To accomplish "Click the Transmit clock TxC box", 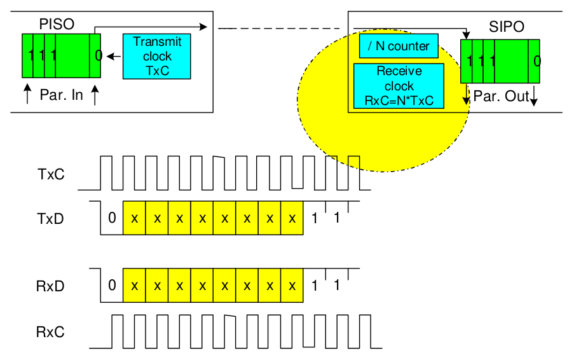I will click(157, 57).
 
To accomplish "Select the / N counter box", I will click(394, 46).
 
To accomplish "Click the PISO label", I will click(56, 24).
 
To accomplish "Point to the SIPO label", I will click(507, 29).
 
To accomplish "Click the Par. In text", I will click(62, 96).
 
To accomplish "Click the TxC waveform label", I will click(50, 174).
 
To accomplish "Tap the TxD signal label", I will click(50, 219).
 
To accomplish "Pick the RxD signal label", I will click(50, 286).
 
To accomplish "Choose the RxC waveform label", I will click(50, 331).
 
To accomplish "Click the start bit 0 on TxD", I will click(112, 218).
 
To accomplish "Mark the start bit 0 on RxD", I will click(112, 285).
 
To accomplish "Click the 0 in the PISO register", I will click(98, 56).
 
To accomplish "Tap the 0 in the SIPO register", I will click(537, 61).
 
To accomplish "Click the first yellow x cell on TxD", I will click(134, 218).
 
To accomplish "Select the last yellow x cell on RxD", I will click(292, 285).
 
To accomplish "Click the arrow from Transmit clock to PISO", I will click(114, 57).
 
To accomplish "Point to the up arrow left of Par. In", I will click(27, 95).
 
